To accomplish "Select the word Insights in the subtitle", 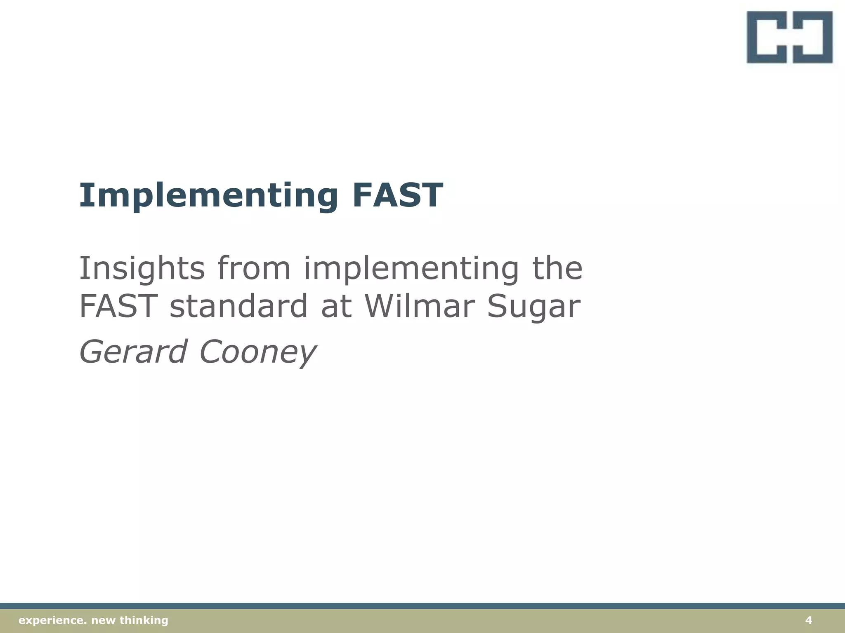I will (x=142, y=269).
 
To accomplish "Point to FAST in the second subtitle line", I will (x=118, y=306).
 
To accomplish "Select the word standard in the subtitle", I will (x=238, y=306).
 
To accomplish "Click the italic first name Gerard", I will (x=133, y=352).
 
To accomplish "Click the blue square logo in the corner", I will (x=789, y=37).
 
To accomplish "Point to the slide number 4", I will (x=809, y=620).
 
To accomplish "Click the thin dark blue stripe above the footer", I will (x=422, y=606).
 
